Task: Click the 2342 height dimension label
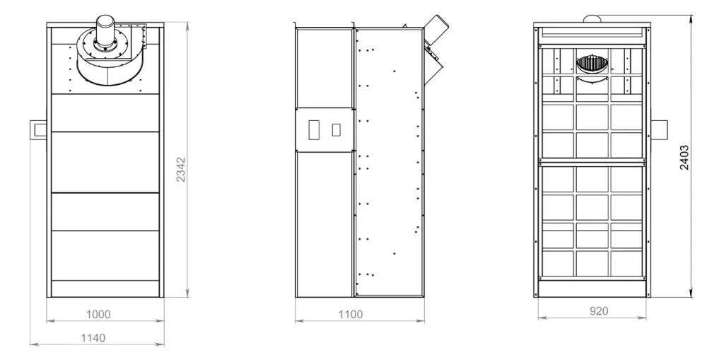(181, 170)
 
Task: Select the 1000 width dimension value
(98, 315)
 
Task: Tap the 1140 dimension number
(93, 338)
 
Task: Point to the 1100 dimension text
(351, 315)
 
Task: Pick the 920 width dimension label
(599, 310)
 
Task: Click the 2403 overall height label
(684, 158)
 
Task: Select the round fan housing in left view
(107, 61)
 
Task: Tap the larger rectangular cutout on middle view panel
(314, 129)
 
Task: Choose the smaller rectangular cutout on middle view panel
(336, 130)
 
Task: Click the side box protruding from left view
(38, 130)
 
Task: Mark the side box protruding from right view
(659, 130)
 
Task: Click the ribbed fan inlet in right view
(592, 64)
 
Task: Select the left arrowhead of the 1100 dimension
(298, 321)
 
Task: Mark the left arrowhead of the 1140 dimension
(33, 344)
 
